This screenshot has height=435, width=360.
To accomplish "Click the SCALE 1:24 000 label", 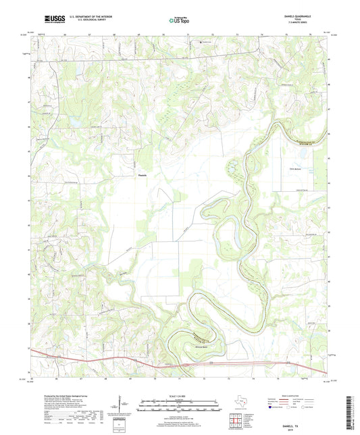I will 180,396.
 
